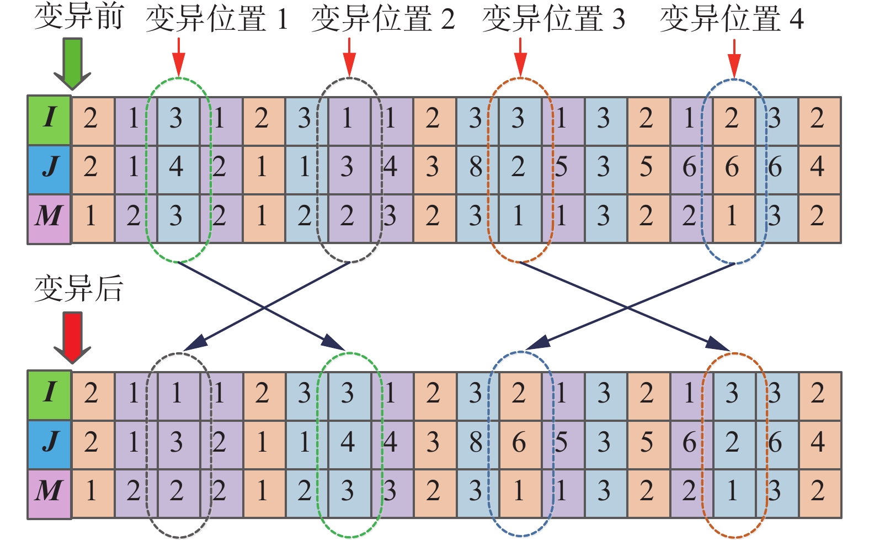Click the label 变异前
pyautogui.click(x=79, y=17)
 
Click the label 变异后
pyautogui.click(x=79, y=288)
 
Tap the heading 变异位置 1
pyautogui.click(x=217, y=19)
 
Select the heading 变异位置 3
pyautogui.click(x=553, y=19)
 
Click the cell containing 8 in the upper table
pyautogui.click(x=476, y=167)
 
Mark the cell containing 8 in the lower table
pyautogui.click(x=476, y=442)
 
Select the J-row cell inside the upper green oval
pyautogui.click(x=177, y=167)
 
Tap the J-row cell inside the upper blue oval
pyautogui.click(x=732, y=167)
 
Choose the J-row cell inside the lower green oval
pyautogui.click(x=348, y=442)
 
